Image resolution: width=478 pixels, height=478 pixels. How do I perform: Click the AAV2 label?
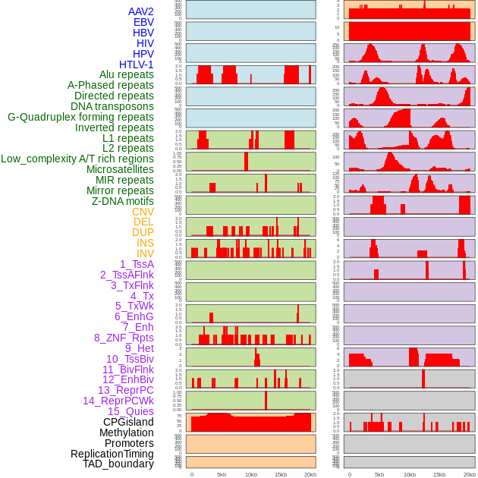[140, 11]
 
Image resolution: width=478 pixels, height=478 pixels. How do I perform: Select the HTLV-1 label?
[137, 64]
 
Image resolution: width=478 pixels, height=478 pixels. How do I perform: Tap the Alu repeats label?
[127, 74]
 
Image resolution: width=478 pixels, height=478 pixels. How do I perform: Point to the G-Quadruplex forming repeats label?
[80, 117]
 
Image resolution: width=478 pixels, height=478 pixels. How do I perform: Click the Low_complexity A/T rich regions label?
[77, 159]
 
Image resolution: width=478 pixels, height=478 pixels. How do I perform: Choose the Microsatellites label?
[120, 169]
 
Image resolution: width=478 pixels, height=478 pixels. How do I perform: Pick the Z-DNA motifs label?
[123, 201]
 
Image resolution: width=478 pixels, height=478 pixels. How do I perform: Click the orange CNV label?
[143, 212]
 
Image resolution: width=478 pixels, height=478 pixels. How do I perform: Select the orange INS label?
[145, 243]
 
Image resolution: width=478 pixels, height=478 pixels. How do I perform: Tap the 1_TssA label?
[137, 264]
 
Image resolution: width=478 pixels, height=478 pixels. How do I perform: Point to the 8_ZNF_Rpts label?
[124, 338]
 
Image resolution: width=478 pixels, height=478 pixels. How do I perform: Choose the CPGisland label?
[128, 422]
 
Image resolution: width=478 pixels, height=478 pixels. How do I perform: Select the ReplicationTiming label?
[112, 454]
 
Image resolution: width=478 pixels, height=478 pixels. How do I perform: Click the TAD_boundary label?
[118, 464]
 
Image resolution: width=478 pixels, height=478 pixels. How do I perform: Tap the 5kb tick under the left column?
[222, 474]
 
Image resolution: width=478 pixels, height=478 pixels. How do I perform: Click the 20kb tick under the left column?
[310, 474]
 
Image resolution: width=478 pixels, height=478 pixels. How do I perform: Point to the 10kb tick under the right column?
[409, 474]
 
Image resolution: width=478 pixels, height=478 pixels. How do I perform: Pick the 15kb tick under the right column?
[439, 474]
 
